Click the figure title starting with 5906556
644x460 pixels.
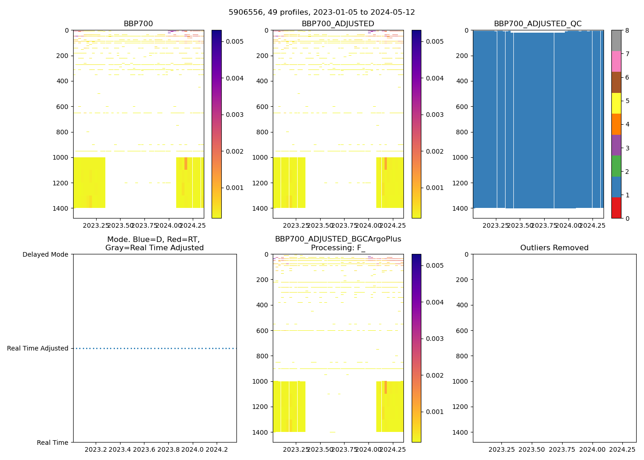coord(322,12)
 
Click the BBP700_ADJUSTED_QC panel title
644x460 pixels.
coord(538,24)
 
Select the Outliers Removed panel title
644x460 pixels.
coord(554,248)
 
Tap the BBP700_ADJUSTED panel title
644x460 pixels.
coord(338,24)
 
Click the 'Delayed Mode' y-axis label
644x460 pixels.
coord(45,254)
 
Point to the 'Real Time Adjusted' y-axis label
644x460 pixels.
coord(38,348)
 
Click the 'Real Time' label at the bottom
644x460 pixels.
coord(52,443)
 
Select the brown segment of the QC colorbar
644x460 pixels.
coord(616,82)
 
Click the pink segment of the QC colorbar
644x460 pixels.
coord(616,61)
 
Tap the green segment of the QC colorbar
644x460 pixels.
coord(616,166)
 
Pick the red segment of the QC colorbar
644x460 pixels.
coord(616,208)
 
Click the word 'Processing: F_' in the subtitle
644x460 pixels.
coord(338,248)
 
